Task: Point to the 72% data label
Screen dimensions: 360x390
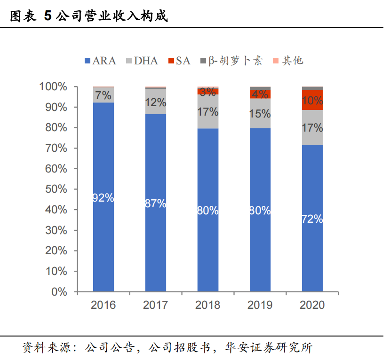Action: pyautogui.click(x=312, y=219)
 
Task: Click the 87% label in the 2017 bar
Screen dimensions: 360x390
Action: pyautogui.click(x=155, y=203)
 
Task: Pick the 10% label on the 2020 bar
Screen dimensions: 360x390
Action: pyautogui.click(x=312, y=101)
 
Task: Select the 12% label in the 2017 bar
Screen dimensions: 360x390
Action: pyautogui.click(x=155, y=102)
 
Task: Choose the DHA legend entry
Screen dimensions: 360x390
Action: pyautogui.click(x=141, y=61)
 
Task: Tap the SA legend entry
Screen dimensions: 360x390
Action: pyautogui.click(x=179, y=61)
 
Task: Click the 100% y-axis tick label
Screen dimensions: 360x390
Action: pyautogui.click(x=55, y=87)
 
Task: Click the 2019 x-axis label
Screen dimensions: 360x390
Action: pyautogui.click(x=260, y=305)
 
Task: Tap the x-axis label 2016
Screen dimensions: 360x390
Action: pyautogui.click(x=103, y=305)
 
